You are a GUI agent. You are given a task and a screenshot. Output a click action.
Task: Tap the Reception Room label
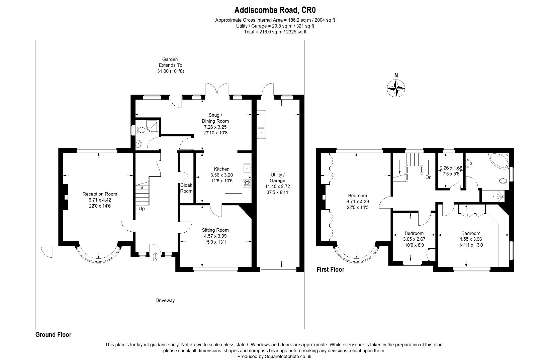click(100, 194)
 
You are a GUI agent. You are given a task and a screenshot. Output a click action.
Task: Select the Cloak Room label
click(186, 188)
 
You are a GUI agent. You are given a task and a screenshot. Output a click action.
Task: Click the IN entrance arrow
click(155, 257)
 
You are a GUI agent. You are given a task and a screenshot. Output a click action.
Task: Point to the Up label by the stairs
click(142, 209)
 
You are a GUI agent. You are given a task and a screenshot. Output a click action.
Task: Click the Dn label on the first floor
click(428, 177)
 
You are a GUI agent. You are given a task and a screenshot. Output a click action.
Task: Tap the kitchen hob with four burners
click(247, 183)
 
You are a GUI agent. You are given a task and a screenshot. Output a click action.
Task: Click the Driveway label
click(165, 301)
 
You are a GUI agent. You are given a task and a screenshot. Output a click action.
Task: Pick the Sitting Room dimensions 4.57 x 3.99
click(215, 236)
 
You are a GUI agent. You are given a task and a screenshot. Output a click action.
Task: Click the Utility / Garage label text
click(277, 177)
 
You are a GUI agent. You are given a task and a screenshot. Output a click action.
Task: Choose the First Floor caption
click(330, 269)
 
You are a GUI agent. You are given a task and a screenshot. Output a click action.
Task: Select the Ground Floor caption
click(53, 335)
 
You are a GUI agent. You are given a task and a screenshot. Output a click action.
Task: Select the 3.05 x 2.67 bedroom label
click(414, 239)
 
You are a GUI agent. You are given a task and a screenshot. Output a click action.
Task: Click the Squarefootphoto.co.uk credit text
click(274, 357)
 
